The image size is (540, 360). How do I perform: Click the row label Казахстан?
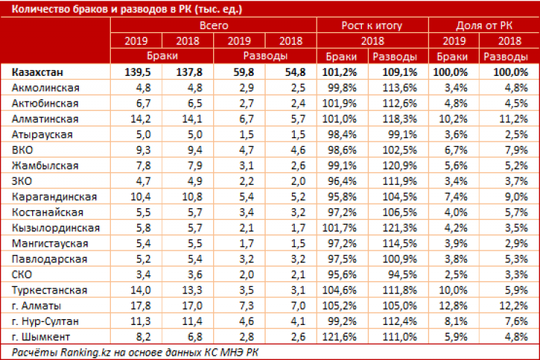[x=36, y=72]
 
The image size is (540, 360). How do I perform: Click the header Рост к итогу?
[x=371, y=25]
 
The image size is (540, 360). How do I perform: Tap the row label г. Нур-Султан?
[x=45, y=320]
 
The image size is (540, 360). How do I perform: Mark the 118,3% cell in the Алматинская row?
[x=398, y=118]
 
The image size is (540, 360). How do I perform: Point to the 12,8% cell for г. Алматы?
[x=454, y=305]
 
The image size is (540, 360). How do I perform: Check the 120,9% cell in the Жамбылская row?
[x=398, y=166]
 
